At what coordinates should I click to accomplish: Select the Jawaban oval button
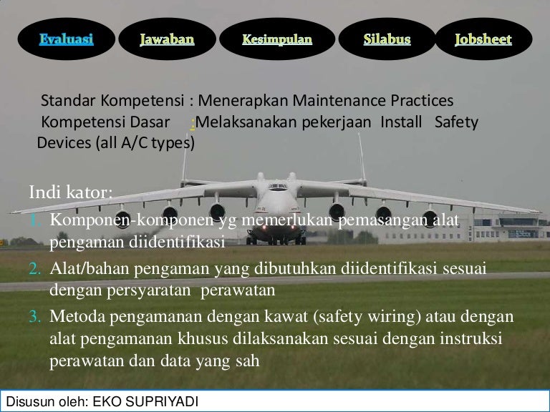167,40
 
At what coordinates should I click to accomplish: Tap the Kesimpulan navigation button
277,40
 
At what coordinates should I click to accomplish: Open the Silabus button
387,40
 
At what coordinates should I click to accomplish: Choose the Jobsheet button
483,40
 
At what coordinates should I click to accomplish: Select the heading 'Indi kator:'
71,192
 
